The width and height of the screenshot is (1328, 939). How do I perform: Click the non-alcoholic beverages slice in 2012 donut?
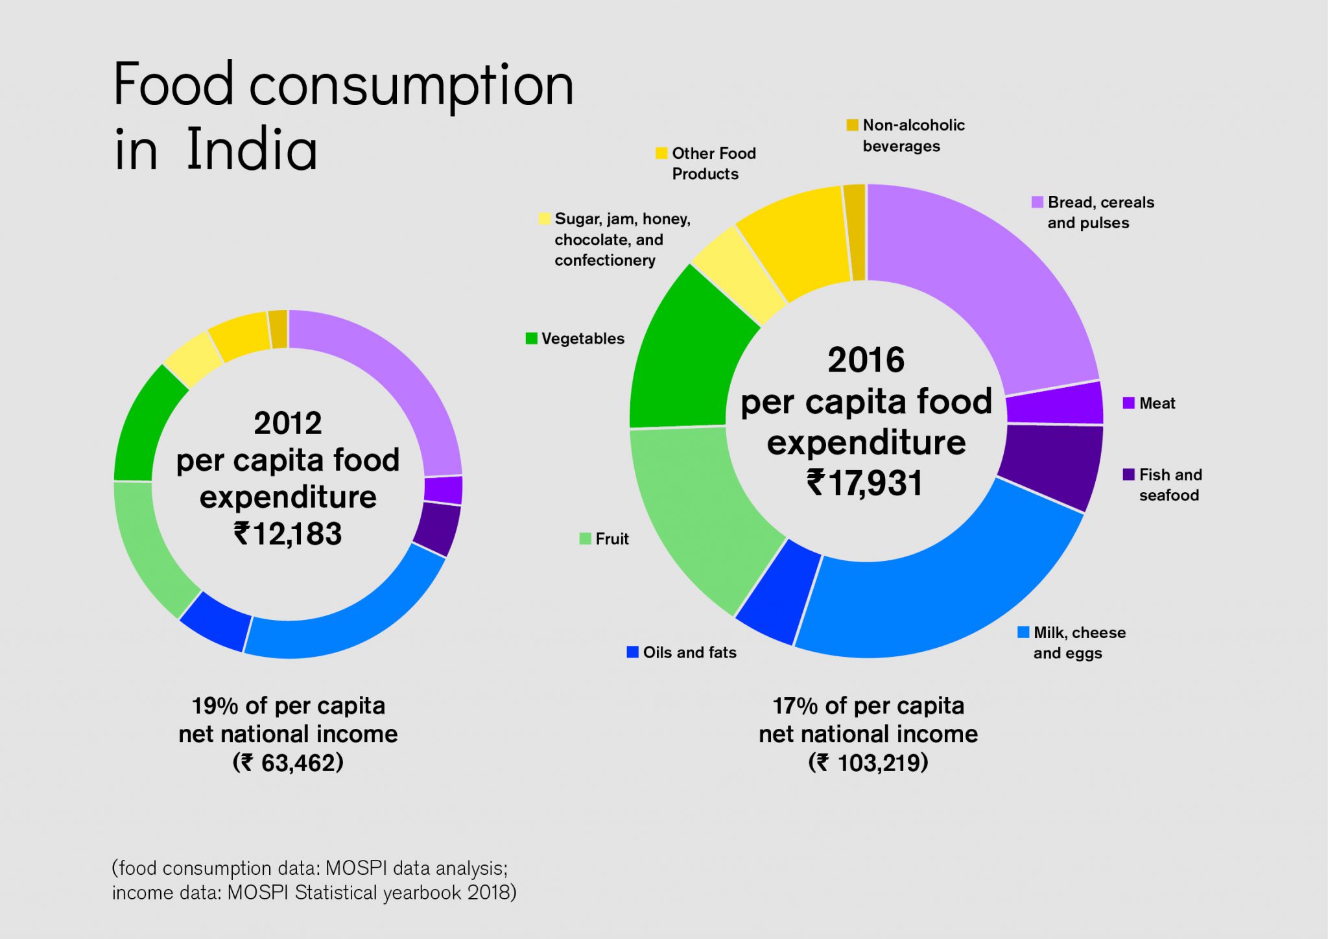pyautogui.click(x=279, y=329)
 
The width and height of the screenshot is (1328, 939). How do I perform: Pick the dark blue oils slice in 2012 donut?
pyautogui.click(x=216, y=623)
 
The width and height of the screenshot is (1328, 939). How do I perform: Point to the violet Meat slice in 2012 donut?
pyautogui.click(x=444, y=490)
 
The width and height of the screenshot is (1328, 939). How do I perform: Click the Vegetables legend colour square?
pyautogui.click(x=531, y=339)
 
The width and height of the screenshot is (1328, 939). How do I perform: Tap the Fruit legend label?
pyautogui.click(x=612, y=539)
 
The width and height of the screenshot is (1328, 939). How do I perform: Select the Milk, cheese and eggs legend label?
pyautogui.click(x=1078, y=643)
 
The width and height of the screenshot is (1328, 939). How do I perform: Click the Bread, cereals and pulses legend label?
pyautogui.click(x=1100, y=213)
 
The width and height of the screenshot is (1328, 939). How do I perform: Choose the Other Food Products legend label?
pyautogui.click(x=713, y=163)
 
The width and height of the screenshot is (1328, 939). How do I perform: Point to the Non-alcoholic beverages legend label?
pyautogui.click(x=913, y=136)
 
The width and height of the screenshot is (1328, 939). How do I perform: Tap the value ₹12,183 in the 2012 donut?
pyautogui.click(x=288, y=534)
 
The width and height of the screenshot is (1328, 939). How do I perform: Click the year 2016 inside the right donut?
pyautogui.click(x=866, y=361)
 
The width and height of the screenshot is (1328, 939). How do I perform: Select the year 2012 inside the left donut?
pyautogui.click(x=288, y=423)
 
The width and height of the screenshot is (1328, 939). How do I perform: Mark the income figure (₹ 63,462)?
pyautogui.click(x=288, y=763)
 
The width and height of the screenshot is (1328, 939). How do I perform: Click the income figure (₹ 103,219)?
pyautogui.click(x=868, y=763)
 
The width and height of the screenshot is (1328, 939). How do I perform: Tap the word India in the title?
pyautogui.click(x=252, y=149)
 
